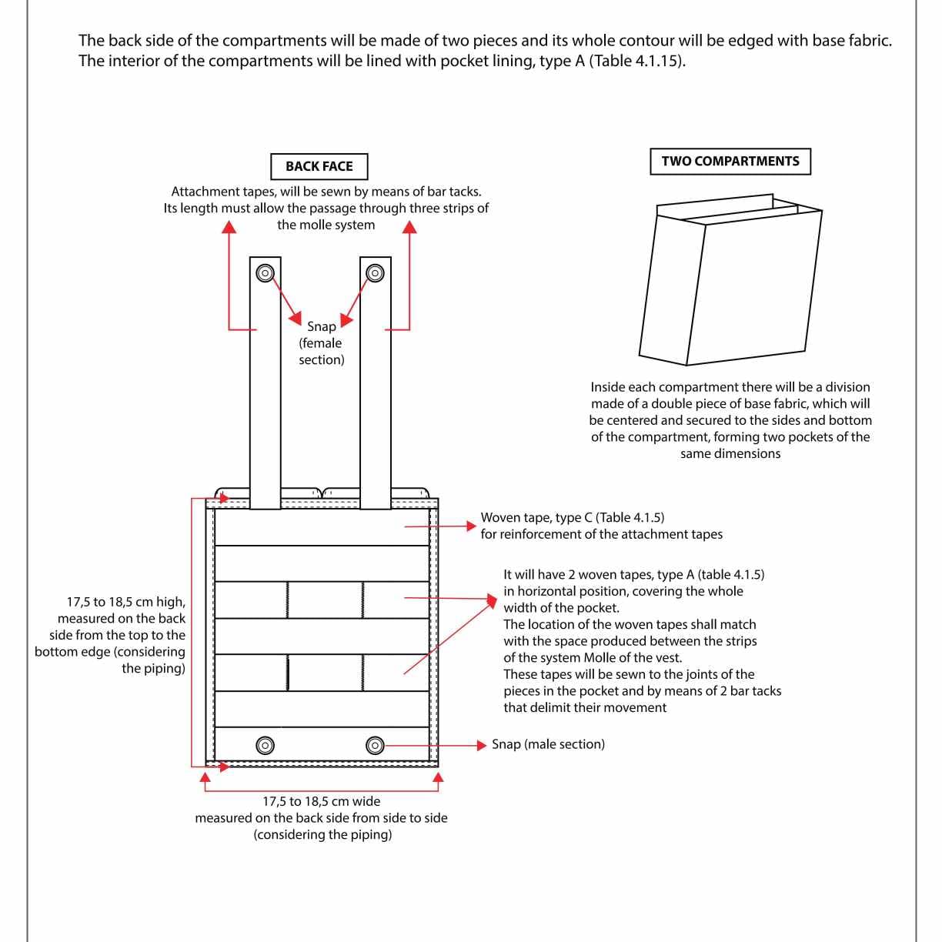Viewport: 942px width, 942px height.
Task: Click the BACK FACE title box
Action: (319, 166)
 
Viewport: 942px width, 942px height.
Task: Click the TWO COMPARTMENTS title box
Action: (730, 162)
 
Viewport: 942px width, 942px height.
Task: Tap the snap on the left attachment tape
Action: (265, 272)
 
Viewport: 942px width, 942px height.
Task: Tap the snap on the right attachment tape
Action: (375, 272)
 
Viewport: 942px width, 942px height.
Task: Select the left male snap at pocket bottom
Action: (265, 745)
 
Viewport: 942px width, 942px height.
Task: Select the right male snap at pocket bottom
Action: (375, 745)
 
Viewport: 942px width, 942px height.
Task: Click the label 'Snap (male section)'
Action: (548, 744)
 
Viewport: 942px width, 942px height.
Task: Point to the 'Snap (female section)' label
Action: (321, 343)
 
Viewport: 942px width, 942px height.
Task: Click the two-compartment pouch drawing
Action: (730, 279)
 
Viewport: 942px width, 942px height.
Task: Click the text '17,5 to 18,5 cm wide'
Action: (321, 801)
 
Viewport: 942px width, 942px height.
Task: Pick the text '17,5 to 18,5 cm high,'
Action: (126, 602)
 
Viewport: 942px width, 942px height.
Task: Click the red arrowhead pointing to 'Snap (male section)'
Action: (482, 745)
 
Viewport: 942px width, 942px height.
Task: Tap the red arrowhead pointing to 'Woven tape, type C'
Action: (471, 526)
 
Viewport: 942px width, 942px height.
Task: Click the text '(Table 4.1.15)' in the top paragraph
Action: (637, 61)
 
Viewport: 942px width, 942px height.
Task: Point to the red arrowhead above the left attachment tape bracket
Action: (229, 227)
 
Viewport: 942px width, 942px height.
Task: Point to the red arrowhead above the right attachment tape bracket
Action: (409, 227)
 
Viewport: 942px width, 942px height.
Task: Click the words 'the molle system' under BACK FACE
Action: (326, 225)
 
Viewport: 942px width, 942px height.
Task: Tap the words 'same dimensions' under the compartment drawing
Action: (730, 453)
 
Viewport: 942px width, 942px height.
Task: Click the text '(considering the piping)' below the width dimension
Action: (322, 834)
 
